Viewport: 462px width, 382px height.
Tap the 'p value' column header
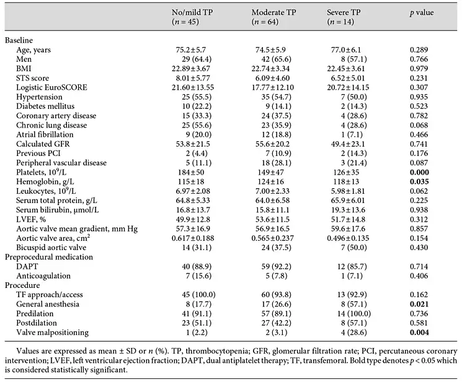coord(422,12)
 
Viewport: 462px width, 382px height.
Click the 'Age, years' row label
coord(33,50)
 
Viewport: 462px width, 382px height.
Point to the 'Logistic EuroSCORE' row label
coord(51,87)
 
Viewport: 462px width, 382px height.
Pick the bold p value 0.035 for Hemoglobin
coord(419,182)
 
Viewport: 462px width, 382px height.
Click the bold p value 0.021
coord(419,304)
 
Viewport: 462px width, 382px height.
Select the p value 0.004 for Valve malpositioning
coord(419,332)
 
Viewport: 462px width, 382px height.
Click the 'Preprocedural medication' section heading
coord(49,257)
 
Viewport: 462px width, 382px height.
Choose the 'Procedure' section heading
coord(22,285)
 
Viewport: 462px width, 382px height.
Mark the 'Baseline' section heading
coord(19,40)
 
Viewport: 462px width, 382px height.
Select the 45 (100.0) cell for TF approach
coord(198,295)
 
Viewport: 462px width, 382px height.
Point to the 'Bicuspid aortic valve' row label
coord(51,248)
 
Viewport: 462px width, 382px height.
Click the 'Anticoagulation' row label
coord(43,276)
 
